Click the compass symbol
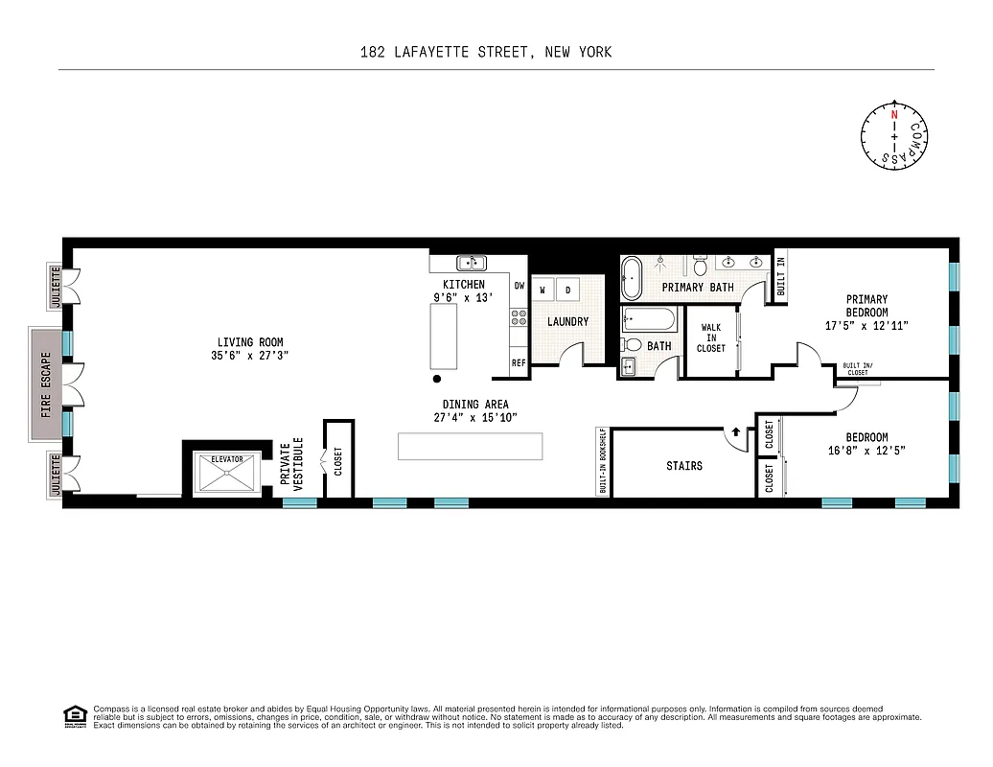[894, 137]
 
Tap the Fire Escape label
[45, 384]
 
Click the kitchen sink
[471, 263]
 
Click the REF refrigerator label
[519, 363]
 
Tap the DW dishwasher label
[519, 286]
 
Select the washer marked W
[543, 290]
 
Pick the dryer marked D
[566, 290]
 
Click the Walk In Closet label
[711, 337]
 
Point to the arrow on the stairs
[735, 432]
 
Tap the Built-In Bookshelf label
[603, 462]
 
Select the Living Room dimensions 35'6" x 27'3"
[250, 356]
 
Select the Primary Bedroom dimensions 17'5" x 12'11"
[866, 325]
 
